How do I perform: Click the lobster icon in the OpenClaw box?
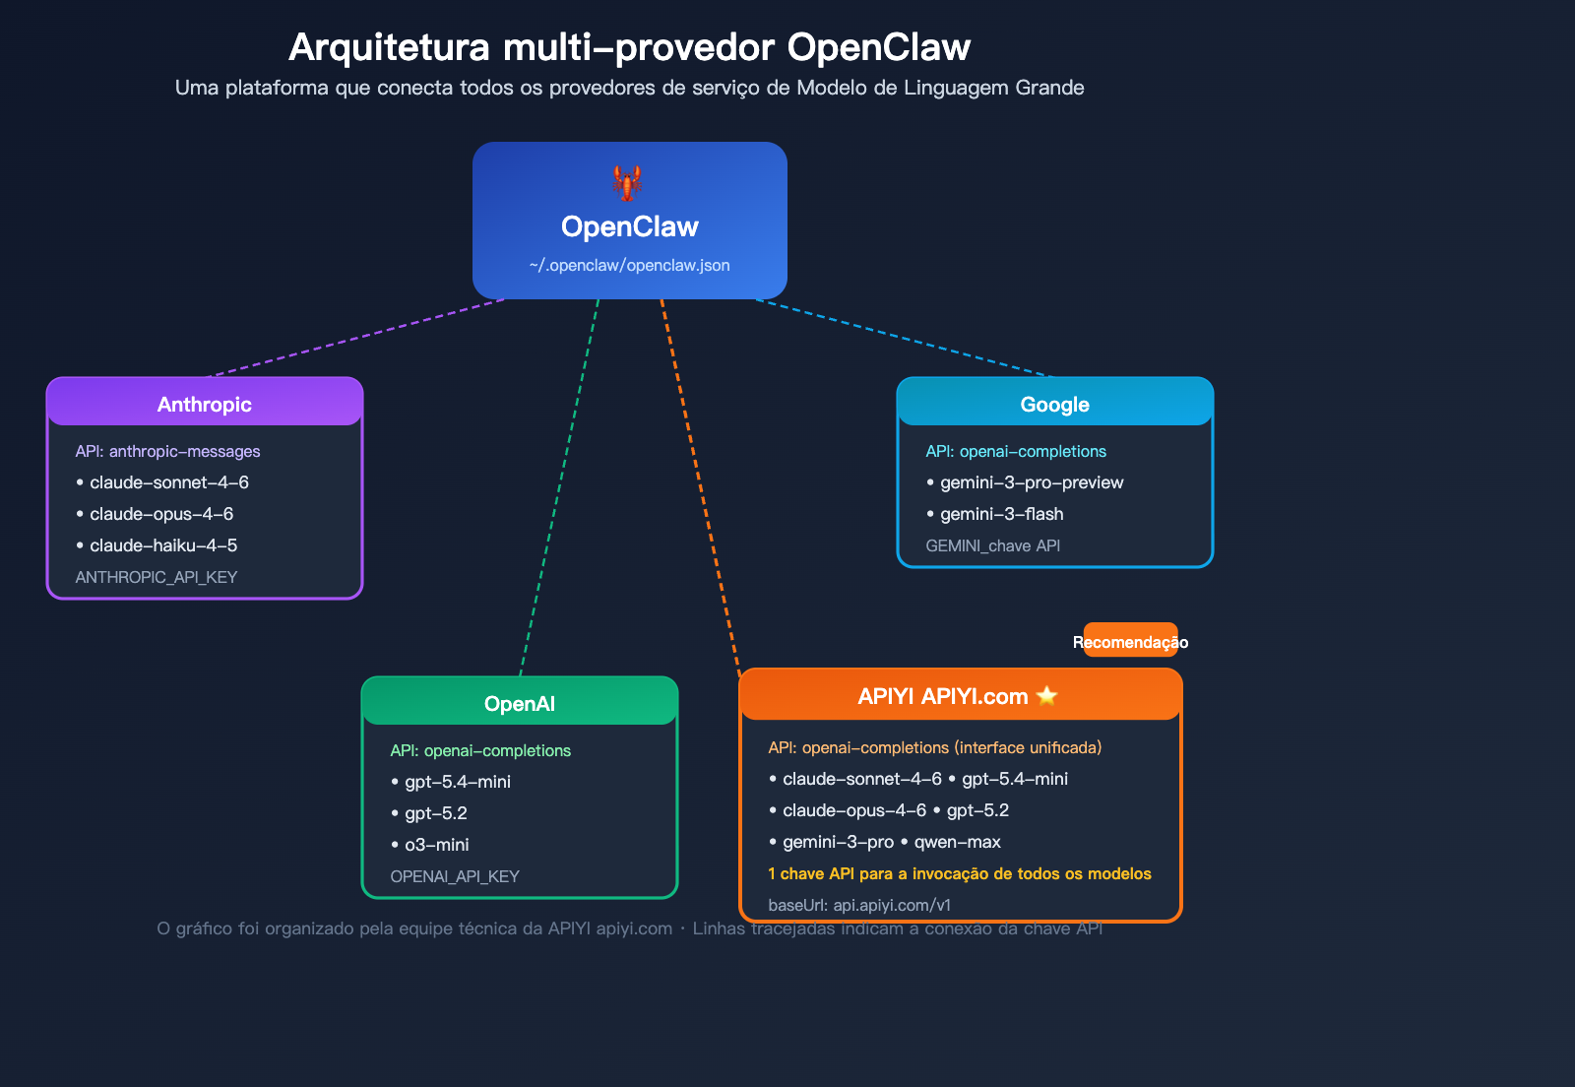(628, 183)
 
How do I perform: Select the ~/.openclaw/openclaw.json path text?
(629, 266)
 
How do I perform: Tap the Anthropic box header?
(205, 404)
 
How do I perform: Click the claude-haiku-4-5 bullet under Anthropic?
(162, 545)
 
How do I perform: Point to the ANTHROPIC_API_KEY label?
(157, 577)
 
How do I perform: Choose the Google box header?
(1054, 404)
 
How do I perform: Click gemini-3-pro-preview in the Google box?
(1031, 482)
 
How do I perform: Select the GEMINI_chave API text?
(992, 545)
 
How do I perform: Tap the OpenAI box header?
(520, 703)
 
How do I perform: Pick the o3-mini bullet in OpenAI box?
(436, 845)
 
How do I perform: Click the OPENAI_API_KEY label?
(455, 876)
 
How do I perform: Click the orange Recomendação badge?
(1130, 641)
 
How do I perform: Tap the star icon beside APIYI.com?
(1047, 696)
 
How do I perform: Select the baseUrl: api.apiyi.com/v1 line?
(859, 905)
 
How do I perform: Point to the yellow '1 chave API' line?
(959, 873)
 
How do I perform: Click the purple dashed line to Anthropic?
(354, 338)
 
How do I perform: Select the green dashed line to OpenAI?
(559, 487)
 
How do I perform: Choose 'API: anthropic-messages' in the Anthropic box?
(167, 451)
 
